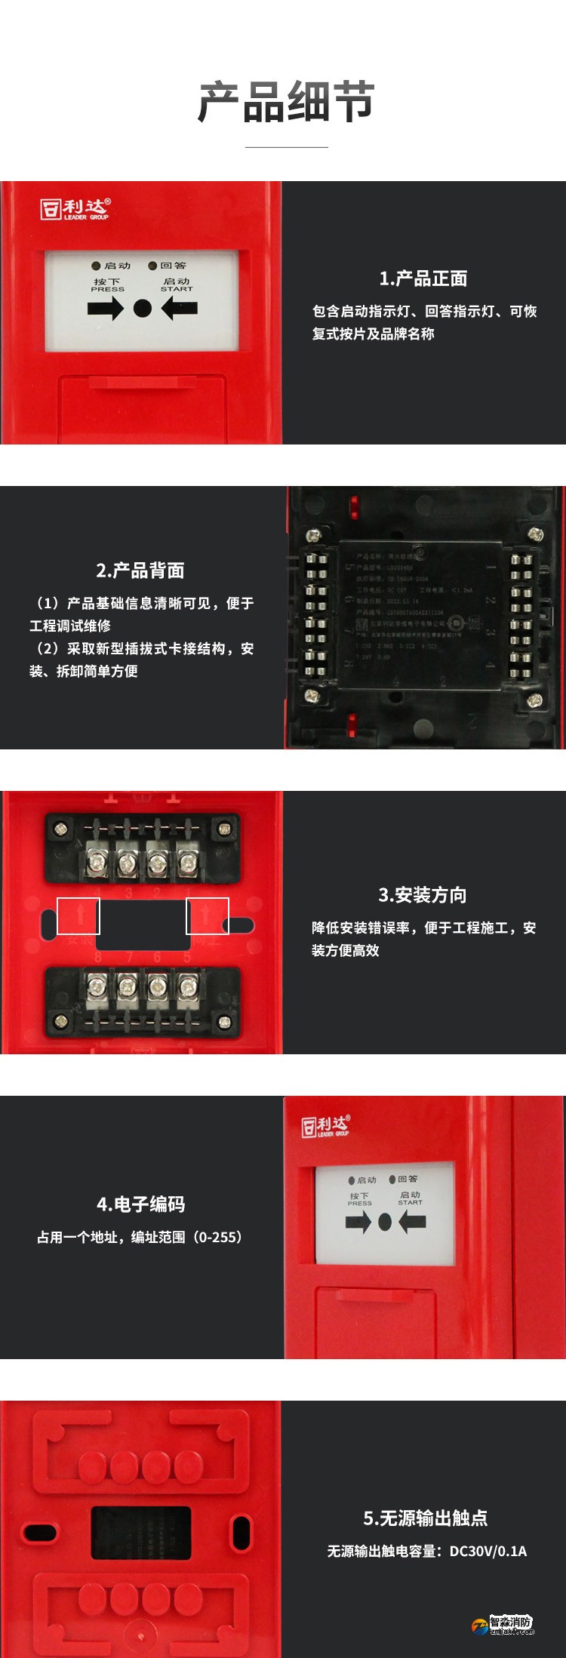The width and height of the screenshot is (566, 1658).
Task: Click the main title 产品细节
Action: click(x=286, y=102)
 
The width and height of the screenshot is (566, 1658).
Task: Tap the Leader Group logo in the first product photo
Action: click(x=75, y=209)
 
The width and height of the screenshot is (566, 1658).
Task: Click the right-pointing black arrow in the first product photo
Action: click(x=105, y=308)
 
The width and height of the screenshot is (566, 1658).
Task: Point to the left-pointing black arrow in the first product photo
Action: click(x=180, y=308)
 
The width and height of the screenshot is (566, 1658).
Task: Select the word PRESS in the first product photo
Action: click(x=107, y=289)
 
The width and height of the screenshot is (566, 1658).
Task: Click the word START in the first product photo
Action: click(x=177, y=289)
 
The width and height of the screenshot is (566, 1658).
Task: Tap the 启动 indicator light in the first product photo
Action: click(x=96, y=266)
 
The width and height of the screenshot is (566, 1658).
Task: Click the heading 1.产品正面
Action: click(x=423, y=278)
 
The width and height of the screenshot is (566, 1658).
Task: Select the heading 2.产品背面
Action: click(x=140, y=571)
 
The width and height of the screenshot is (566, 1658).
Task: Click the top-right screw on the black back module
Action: click(x=536, y=534)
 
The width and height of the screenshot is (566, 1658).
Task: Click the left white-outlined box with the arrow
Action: click(x=78, y=915)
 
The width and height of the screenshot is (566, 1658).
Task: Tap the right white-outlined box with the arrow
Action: click(x=208, y=915)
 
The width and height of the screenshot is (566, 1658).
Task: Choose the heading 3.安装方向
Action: click(x=423, y=895)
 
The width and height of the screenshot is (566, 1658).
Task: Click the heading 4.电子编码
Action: click(x=140, y=1204)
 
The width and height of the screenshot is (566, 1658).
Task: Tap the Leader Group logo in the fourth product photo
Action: click(x=326, y=1126)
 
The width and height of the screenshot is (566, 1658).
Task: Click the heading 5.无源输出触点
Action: click(x=426, y=1518)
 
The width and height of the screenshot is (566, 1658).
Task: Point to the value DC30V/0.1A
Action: click(x=488, y=1551)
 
